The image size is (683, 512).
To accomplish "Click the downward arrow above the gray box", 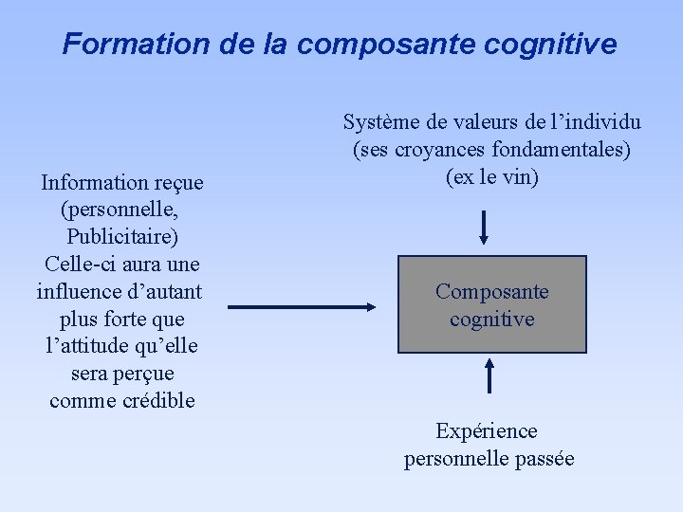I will pyautogui.click(x=484, y=227).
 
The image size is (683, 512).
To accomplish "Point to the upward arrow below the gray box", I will pyautogui.click(x=489, y=374).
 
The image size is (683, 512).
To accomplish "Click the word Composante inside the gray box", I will pyautogui.click(x=491, y=292).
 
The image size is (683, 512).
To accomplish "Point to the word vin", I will pyautogui.click(x=520, y=177).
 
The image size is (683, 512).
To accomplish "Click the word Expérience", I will pyautogui.click(x=487, y=431).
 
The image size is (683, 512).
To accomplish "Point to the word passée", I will pyautogui.click(x=544, y=459).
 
